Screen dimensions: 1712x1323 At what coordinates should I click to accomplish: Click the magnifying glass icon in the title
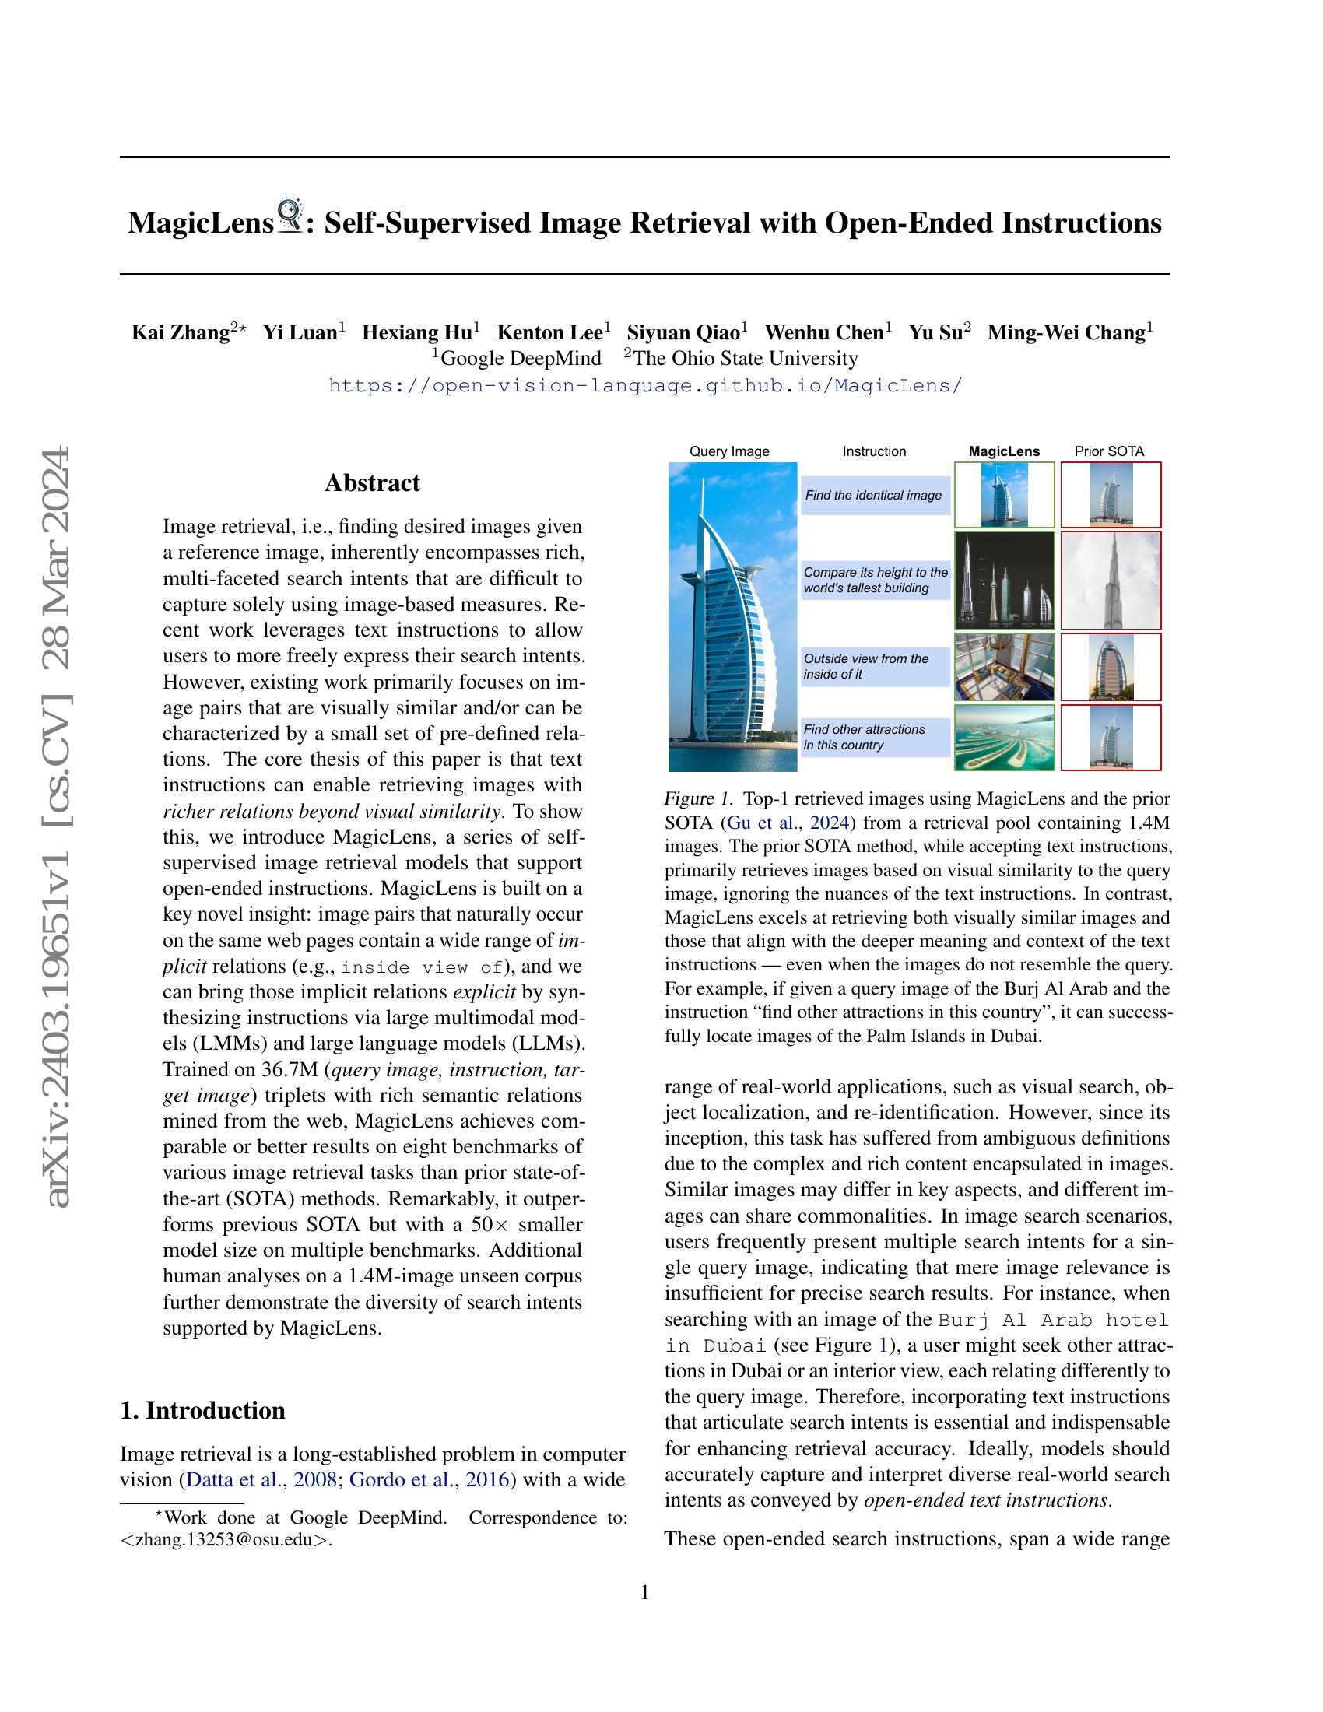(x=290, y=216)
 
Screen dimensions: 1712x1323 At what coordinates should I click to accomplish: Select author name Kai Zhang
(x=180, y=332)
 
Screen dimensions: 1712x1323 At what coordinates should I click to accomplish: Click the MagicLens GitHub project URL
(x=644, y=386)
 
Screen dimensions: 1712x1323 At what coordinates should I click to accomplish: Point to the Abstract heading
(x=372, y=483)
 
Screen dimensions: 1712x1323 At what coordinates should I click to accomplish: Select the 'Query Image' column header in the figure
(x=729, y=451)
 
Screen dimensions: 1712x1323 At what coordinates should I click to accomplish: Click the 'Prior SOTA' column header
(x=1109, y=451)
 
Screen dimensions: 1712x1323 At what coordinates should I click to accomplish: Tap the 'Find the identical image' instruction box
(x=873, y=496)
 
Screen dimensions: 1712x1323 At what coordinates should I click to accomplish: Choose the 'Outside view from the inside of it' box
(x=873, y=666)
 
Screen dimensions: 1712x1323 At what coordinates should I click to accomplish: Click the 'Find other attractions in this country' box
(x=873, y=737)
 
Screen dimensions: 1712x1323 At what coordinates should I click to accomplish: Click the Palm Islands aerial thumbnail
(x=1004, y=738)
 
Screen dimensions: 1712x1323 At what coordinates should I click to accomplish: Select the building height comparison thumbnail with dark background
(x=1004, y=580)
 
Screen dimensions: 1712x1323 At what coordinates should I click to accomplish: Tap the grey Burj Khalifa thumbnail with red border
(x=1111, y=580)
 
